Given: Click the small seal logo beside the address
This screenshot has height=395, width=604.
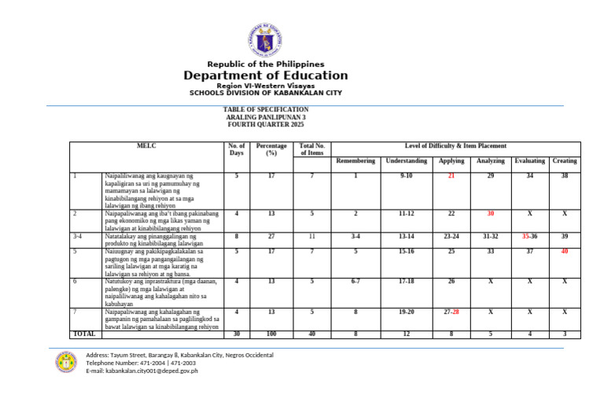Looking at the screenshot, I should click(66, 362).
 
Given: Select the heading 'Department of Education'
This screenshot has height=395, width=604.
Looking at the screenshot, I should click(265, 76).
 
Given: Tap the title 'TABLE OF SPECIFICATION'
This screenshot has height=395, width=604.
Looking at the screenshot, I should click(265, 109).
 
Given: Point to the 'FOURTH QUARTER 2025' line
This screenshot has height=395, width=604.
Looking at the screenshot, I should click(265, 125).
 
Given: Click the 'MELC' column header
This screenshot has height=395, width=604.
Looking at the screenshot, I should click(146, 146).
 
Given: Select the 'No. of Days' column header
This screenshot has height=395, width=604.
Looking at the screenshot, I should click(237, 149).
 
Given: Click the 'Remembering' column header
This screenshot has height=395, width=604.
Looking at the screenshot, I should click(355, 161).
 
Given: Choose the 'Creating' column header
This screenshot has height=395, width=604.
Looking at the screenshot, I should click(564, 161).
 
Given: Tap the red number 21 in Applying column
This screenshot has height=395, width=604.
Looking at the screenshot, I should click(451, 176).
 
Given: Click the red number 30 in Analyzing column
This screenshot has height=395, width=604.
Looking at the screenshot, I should click(490, 214).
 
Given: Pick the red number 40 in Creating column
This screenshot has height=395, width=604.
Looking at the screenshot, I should click(564, 251).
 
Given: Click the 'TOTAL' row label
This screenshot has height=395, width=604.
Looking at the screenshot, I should click(83, 334).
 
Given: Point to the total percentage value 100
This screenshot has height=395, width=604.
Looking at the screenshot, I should click(271, 334).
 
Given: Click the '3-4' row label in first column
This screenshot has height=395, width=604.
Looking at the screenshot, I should click(77, 236).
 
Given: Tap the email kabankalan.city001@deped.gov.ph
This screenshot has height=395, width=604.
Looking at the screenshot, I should click(142, 371).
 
